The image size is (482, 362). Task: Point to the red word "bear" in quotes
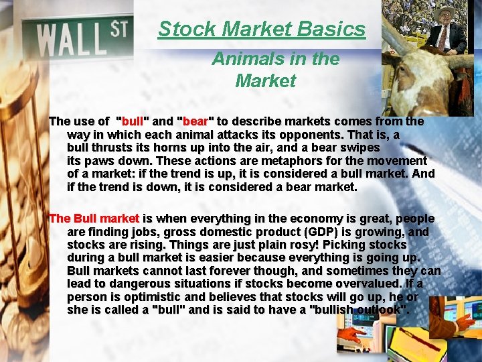click(x=195, y=122)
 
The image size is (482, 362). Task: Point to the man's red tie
click(x=443, y=36)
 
